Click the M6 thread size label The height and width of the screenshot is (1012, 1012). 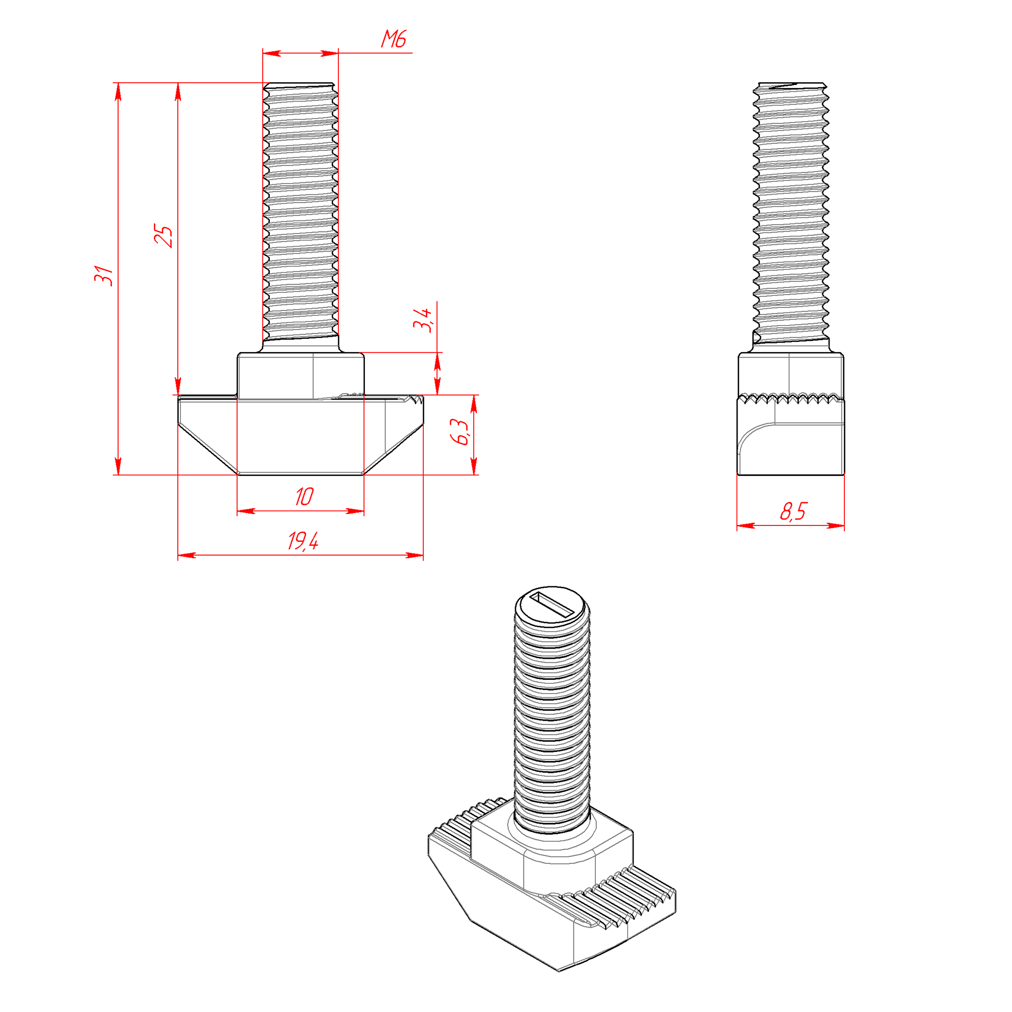coord(394,39)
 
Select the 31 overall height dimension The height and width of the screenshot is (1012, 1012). coord(104,275)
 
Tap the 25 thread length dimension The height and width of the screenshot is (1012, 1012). coord(163,236)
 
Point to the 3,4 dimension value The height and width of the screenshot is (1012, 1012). coord(422,319)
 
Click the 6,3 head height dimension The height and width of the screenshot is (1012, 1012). coord(460,432)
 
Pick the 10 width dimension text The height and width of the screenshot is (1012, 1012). coord(304,497)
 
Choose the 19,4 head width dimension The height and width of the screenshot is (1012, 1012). coord(303,541)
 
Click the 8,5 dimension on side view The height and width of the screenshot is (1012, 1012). coord(793,512)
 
